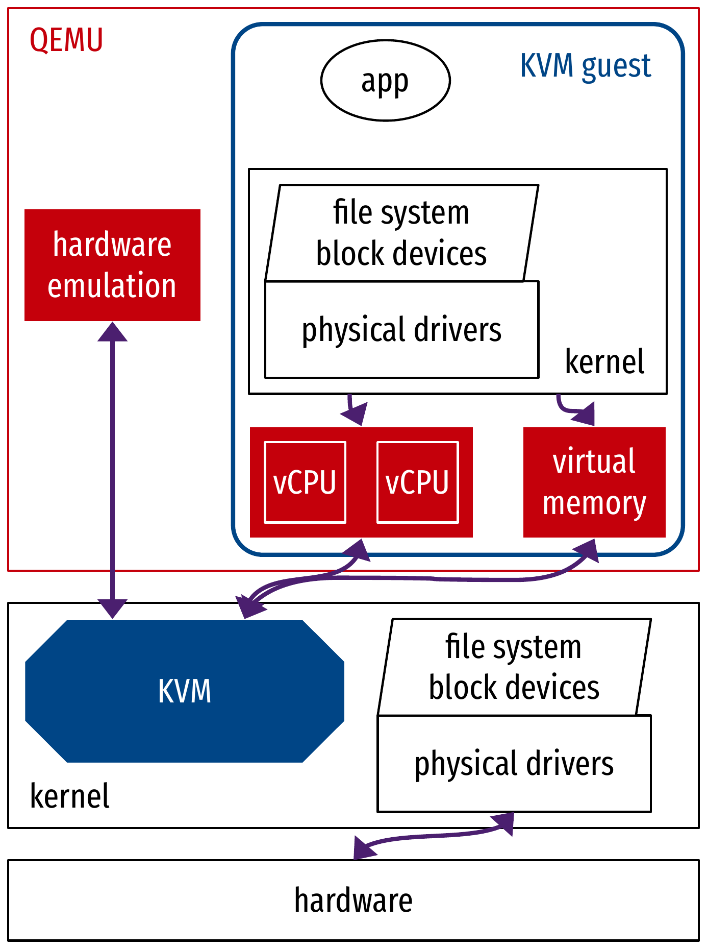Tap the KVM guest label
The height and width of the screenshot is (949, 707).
click(x=585, y=66)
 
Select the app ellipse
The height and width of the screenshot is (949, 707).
click(x=386, y=81)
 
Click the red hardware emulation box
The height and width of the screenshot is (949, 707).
click(x=112, y=265)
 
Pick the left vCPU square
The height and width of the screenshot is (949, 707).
click(x=305, y=482)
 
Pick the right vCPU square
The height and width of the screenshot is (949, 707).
click(x=417, y=482)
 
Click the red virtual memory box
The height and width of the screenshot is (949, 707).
click(x=594, y=482)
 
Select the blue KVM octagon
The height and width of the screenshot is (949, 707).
click(x=185, y=691)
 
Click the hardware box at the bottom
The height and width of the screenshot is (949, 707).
click(x=353, y=901)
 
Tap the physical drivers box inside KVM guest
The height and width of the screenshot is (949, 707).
click(x=402, y=330)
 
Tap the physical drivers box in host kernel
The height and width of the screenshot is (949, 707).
click(x=514, y=764)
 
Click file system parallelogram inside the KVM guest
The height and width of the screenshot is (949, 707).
click(x=402, y=233)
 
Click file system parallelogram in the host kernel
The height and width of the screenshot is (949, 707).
click(x=514, y=667)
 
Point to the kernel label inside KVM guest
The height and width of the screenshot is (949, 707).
click(x=604, y=362)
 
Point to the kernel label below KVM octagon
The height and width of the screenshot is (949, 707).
click(x=70, y=796)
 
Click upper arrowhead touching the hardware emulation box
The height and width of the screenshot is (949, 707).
click(x=112, y=332)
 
